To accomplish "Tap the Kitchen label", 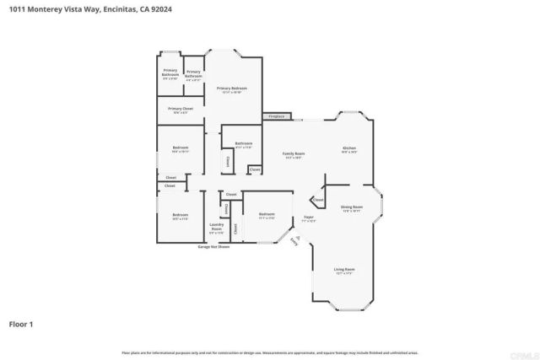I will point(349,149).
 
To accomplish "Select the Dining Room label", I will point(352,207).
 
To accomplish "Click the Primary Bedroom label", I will point(231,89).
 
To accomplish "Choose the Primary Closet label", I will point(180,110).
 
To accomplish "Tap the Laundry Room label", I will point(216,226).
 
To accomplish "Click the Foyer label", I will point(309,218).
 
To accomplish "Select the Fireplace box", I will point(276,116).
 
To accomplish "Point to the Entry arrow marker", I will point(294,240).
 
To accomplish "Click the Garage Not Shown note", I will point(214,247).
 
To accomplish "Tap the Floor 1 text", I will point(21,323).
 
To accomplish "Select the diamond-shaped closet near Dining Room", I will point(317,201).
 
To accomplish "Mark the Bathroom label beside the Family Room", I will point(244,144).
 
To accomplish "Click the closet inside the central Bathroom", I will point(227,159).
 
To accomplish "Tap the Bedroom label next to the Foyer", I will point(267,214).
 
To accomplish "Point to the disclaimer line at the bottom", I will point(270,352).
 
